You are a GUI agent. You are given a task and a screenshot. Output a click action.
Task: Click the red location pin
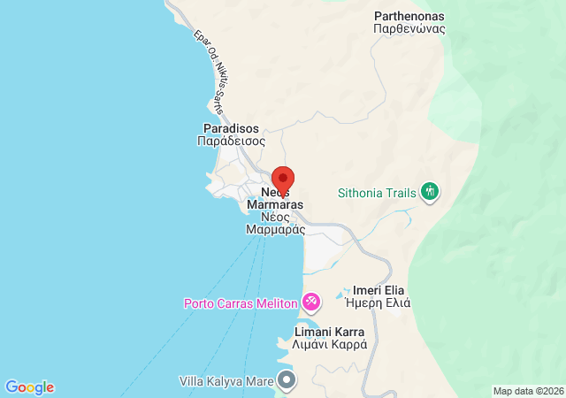pos(283,178)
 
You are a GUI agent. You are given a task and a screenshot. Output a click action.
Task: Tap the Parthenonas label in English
pos(409,16)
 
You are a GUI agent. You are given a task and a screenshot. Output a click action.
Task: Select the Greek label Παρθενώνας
pos(409,28)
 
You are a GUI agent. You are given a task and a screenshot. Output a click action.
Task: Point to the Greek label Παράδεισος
pos(232,141)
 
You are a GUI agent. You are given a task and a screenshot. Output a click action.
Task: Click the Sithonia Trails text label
pos(378,192)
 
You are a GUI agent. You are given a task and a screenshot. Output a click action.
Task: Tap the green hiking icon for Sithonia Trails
pos(431,191)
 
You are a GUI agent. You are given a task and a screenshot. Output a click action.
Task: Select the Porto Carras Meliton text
pos(241,303)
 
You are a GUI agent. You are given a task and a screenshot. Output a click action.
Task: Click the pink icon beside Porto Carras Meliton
pos(311,302)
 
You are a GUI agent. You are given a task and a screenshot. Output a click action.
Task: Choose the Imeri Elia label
pos(379,289)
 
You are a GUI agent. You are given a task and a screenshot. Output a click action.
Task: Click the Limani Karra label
pos(331,332)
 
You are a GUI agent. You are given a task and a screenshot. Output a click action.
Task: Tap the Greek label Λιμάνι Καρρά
pos(331,345)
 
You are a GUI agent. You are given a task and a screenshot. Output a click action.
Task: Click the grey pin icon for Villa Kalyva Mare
pos(287,381)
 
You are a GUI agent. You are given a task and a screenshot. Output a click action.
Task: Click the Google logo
pos(29,387)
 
